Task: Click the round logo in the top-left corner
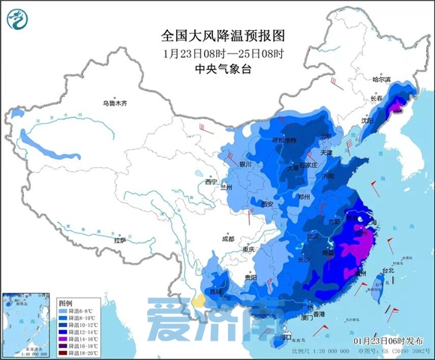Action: tap(20, 20)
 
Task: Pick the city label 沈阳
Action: tap(367, 120)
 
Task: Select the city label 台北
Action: tap(388, 270)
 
